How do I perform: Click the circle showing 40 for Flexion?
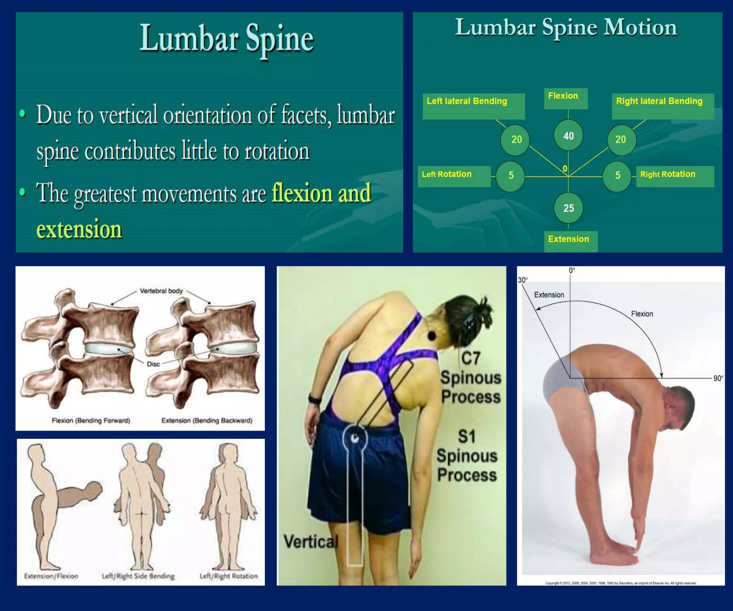568,136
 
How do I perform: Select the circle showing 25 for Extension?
568,208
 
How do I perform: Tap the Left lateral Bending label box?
474,106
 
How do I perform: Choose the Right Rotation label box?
675,176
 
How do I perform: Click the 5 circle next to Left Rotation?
510,175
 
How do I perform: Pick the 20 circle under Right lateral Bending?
621,140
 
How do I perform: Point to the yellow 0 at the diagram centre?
565,169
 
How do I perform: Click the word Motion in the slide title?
640,28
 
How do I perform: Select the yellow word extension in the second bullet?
79,229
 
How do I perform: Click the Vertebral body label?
161,291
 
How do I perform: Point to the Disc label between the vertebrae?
153,364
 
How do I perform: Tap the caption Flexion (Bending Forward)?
91,420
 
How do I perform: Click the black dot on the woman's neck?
432,336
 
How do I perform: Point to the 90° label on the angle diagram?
718,378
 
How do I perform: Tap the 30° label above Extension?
523,280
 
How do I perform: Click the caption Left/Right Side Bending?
138,576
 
